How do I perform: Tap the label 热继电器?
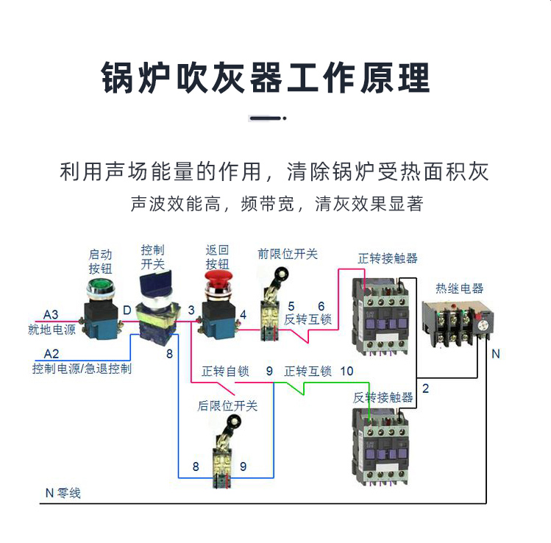point(460,288)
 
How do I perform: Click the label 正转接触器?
point(388,258)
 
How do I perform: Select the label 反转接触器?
point(383,397)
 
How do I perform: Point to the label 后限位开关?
point(227,405)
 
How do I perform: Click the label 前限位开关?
point(288,254)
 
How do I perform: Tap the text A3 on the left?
point(51,314)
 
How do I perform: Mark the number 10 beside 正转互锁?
point(346,371)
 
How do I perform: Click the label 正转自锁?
point(226,371)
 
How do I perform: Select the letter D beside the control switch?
point(127,310)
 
